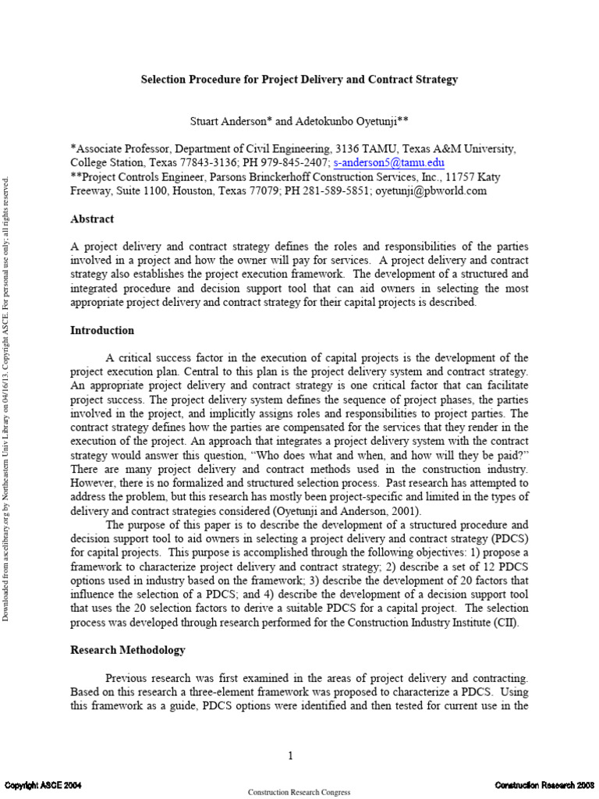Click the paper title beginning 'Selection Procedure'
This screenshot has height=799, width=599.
click(x=299, y=80)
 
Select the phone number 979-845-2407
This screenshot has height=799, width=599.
click(x=297, y=163)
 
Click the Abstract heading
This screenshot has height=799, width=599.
click(x=91, y=219)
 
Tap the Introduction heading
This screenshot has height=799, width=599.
click(x=101, y=330)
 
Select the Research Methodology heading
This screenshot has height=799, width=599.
click(x=128, y=649)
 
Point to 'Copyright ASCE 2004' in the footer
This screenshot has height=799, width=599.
click(x=44, y=784)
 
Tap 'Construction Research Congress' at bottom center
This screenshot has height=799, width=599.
click(x=299, y=792)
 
